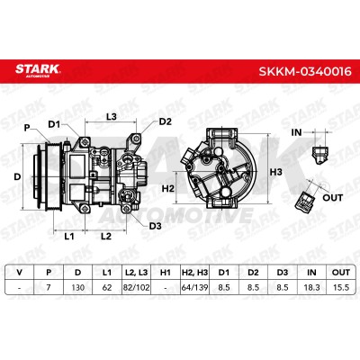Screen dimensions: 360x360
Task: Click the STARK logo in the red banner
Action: pos(38,71)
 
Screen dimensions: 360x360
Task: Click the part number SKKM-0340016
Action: pos(305,71)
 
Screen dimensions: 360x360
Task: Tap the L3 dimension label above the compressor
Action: pos(112,116)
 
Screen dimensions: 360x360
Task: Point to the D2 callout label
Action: pos(166,121)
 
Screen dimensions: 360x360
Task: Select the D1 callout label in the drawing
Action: pos(54,124)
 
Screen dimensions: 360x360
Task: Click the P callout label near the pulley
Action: pos(27,128)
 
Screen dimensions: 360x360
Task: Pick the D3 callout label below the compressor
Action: pos(156,226)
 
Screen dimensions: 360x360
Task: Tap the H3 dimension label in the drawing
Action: pos(276,172)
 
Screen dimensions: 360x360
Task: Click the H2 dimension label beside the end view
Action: pos(168,188)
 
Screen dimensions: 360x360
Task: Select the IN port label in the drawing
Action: pos(296,132)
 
